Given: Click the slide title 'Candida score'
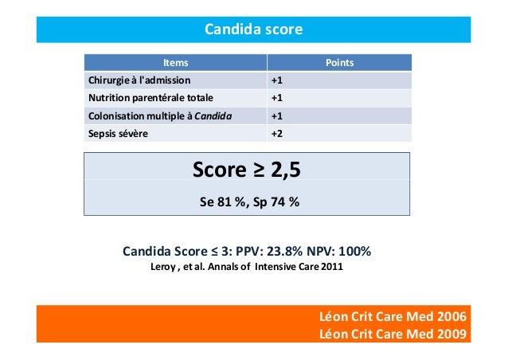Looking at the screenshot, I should (254, 30).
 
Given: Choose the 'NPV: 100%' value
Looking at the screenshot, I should (334, 252).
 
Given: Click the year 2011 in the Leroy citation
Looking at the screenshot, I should (334, 267).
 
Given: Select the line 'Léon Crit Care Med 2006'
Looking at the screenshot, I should (393, 318).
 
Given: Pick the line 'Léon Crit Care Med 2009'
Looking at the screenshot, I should (393, 334).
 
